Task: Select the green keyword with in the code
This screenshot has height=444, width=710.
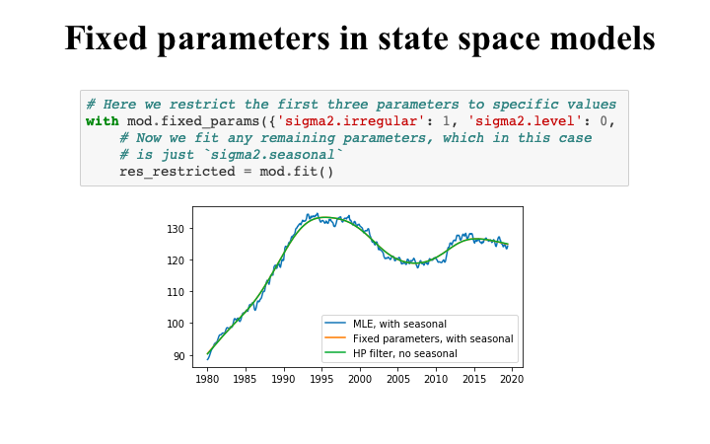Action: [x=102, y=121]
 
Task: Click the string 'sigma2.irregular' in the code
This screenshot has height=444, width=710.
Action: [x=351, y=121]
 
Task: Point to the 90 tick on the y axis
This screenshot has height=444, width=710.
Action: [x=179, y=355]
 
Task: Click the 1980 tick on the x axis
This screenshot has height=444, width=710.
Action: [x=207, y=378]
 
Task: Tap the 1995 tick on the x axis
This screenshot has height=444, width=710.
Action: [x=321, y=378]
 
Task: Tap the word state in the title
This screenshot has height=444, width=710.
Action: [x=393, y=38]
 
